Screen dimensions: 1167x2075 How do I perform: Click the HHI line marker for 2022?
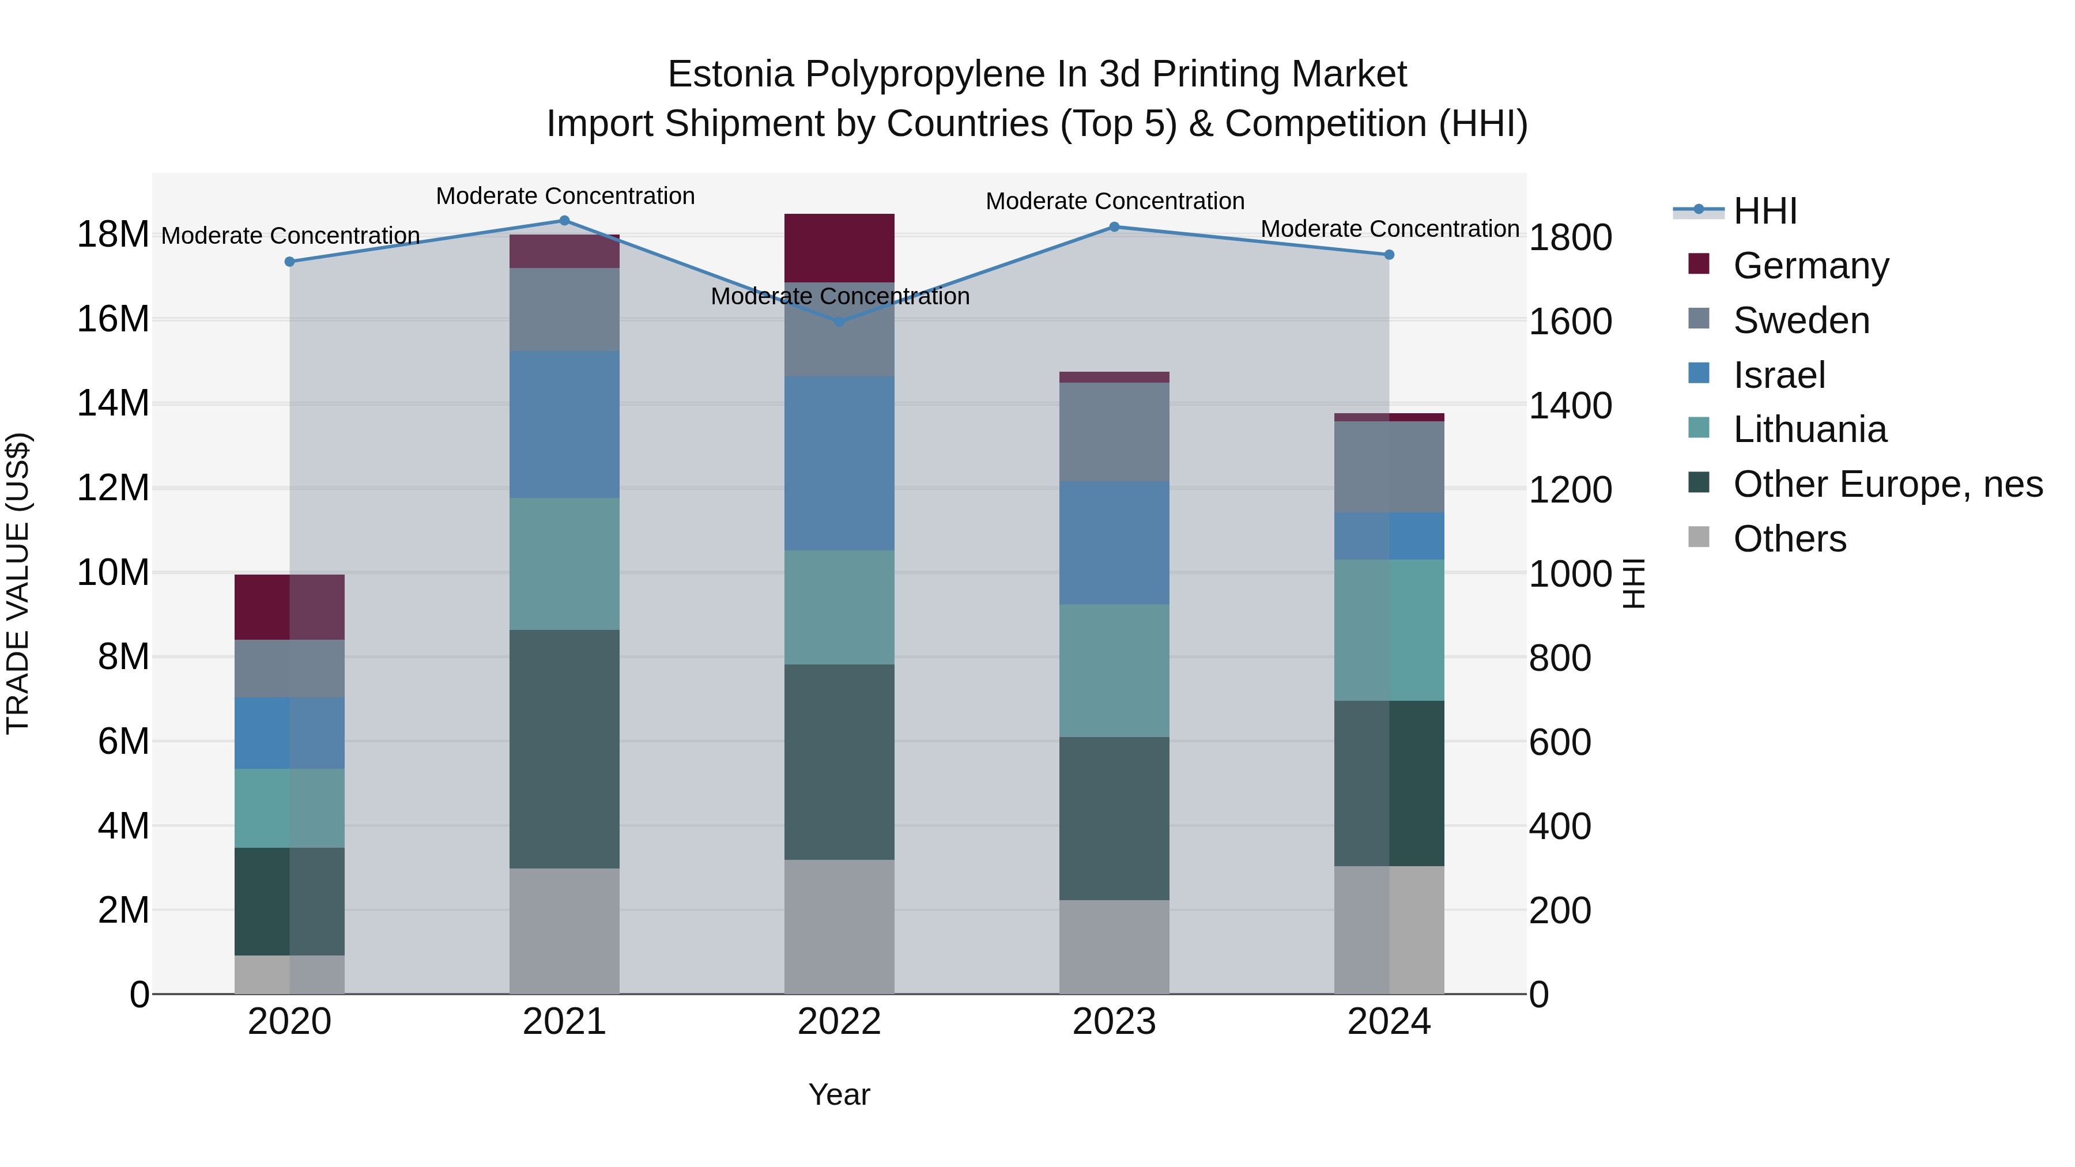click(839, 322)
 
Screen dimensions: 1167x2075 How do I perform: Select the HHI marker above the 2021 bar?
click(565, 221)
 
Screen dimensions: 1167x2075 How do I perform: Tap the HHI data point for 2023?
click(1114, 227)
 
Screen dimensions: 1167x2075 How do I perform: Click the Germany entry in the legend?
click(1810, 266)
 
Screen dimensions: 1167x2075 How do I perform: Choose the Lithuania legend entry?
click(1809, 429)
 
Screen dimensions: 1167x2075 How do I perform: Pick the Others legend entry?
click(1789, 539)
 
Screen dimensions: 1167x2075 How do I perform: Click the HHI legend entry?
click(1764, 211)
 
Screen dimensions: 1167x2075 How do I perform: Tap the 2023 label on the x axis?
click(1114, 1022)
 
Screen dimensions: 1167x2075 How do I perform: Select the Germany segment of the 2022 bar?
click(839, 248)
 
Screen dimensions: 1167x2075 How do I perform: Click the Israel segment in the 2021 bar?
click(565, 424)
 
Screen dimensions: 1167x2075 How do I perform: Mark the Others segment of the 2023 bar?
click(1114, 946)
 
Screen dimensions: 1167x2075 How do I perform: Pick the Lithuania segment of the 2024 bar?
click(1389, 630)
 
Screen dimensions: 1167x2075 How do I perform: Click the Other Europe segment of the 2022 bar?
click(839, 761)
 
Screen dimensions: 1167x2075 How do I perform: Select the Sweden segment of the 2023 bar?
click(1114, 432)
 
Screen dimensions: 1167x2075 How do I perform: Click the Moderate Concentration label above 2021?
click(565, 197)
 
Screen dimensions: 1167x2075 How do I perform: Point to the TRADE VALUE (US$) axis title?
click(18, 583)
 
